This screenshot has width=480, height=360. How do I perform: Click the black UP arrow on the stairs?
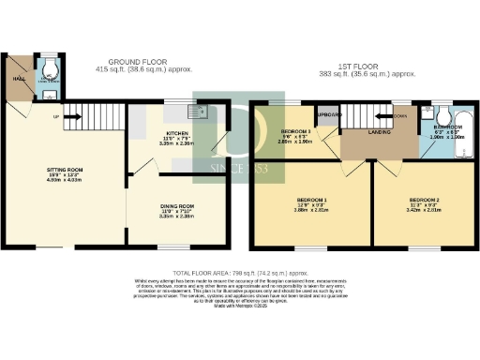(x=58, y=117)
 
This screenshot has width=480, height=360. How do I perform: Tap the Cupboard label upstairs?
(x=329, y=114)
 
